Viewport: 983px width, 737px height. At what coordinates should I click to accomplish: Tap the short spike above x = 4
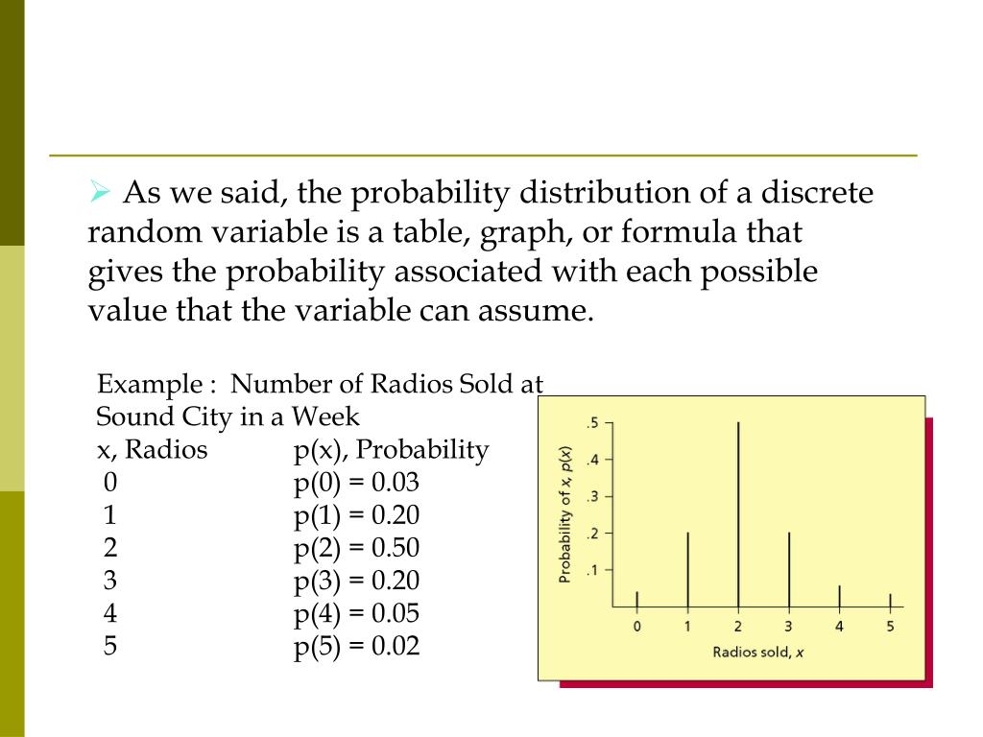[x=840, y=597]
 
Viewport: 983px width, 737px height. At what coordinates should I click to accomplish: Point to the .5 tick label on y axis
[x=592, y=423]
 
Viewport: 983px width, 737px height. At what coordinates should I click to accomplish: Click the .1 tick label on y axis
[x=592, y=570]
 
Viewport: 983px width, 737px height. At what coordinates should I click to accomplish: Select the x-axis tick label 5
[x=890, y=627]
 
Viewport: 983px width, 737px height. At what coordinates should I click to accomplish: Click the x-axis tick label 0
[x=637, y=627]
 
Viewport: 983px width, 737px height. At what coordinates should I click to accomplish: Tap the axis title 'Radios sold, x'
[x=757, y=653]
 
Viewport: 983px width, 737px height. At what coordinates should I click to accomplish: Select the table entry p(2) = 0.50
[x=357, y=548]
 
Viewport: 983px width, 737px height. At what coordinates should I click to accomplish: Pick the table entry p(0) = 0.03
[x=357, y=482]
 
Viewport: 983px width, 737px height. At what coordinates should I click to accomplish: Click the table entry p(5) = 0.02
[x=357, y=646]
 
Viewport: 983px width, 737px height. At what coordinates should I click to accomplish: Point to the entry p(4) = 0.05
[x=357, y=613]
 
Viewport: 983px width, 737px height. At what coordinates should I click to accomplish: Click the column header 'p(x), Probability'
[x=392, y=449]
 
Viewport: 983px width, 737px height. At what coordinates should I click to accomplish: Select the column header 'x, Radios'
[x=152, y=449]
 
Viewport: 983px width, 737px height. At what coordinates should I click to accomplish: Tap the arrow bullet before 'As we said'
[x=100, y=192]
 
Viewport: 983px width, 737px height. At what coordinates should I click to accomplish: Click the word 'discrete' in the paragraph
[x=819, y=193]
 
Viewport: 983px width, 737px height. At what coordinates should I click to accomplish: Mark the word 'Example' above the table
[x=146, y=385]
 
